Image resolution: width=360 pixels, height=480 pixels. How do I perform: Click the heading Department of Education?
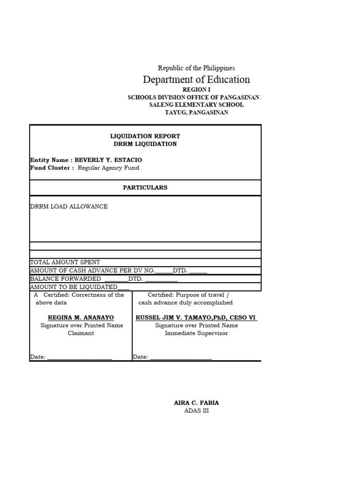click(x=196, y=80)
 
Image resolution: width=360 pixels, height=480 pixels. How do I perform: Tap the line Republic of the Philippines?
click(x=196, y=68)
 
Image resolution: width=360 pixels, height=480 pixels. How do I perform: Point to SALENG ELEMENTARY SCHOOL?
click(x=196, y=105)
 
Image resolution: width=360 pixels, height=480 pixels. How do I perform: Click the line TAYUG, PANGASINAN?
click(x=196, y=113)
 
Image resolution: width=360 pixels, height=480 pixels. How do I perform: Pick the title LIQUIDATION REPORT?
click(x=145, y=136)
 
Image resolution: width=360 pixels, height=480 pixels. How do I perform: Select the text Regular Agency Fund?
click(x=108, y=168)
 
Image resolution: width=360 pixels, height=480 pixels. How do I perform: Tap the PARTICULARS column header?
click(x=145, y=187)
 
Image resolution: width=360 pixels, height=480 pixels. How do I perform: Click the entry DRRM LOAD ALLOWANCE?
click(x=69, y=206)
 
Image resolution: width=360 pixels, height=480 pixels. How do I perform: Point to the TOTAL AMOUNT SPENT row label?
click(x=65, y=262)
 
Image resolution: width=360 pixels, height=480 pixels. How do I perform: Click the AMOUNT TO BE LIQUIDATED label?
click(x=74, y=287)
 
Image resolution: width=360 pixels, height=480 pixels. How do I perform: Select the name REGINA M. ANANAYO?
click(x=81, y=317)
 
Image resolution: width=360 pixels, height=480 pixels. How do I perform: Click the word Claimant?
click(x=81, y=333)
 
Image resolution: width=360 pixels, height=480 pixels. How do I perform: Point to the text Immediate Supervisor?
click(x=196, y=333)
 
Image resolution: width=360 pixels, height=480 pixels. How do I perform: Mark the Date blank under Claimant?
click(x=80, y=357)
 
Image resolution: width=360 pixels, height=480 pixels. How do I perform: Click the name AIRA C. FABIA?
click(x=196, y=403)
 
